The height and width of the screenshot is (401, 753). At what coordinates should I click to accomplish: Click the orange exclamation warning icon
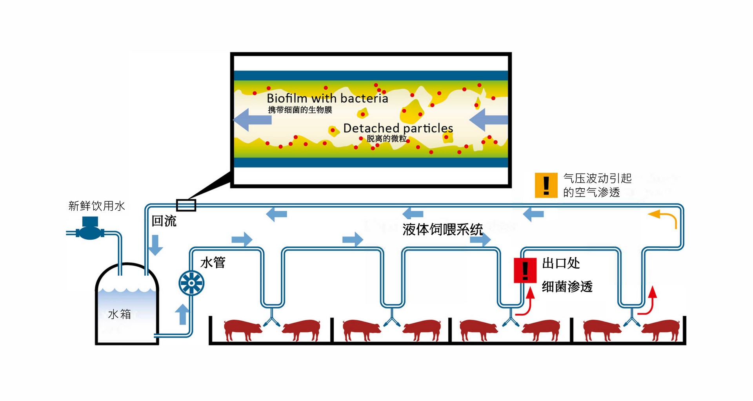click(546, 185)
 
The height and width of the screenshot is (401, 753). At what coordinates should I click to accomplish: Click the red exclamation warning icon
click(525, 270)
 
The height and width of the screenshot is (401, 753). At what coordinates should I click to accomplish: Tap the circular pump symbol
click(191, 282)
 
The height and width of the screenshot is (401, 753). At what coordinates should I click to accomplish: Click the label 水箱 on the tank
click(119, 314)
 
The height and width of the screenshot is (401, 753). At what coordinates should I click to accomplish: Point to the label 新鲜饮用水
click(96, 206)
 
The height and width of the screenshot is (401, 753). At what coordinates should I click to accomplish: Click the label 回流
click(164, 221)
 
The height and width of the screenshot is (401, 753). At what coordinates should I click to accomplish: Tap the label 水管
click(213, 262)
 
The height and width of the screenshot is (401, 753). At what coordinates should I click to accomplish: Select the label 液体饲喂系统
click(442, 229)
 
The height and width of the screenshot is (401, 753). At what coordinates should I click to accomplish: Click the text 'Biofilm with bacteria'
click(327, 98)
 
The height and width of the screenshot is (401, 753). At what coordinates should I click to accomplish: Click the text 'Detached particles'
click(398, 128)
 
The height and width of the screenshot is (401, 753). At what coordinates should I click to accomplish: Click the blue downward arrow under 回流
click(156, 245)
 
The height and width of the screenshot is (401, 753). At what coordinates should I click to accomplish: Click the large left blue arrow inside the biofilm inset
click(253, 120)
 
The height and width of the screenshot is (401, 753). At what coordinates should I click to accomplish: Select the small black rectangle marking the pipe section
click(186, 205)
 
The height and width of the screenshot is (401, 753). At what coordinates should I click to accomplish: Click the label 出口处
click(560, 263)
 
